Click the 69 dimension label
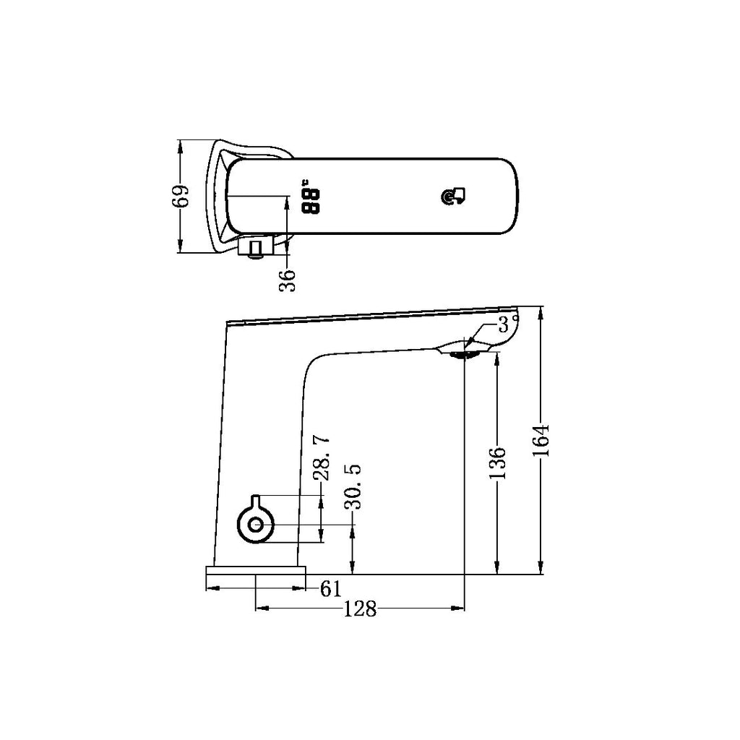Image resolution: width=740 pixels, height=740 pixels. pyautogui.click(x=184, y=196)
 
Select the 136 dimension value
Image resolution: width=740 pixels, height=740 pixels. pyautogui.click(x=496, y=462)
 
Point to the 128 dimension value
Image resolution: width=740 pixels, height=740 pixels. pyautogui.click(x=360, y=609)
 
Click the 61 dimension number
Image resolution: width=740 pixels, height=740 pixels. pyautogui.click(x=330, y=589)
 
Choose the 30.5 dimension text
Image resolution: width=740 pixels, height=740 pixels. pyautogui.click(x=353, y=486)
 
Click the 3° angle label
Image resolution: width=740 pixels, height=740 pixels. pyautogui.click(x=507, y=323)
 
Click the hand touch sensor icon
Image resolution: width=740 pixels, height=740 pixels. pyautogui.click(x=455, y=196)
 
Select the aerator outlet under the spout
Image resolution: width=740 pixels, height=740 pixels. pyautogui.click(x=463, y=353)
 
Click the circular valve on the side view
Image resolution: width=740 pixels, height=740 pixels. pyautogui.click(x=255, y=525)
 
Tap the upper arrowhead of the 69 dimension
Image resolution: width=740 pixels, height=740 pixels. pyautogui.click(x=180, y=145)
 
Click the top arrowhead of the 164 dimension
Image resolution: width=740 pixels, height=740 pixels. pyautogui.click(x=541, y=312)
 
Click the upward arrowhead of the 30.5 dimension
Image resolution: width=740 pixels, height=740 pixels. pyautogui.click(x=353, y=530)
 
